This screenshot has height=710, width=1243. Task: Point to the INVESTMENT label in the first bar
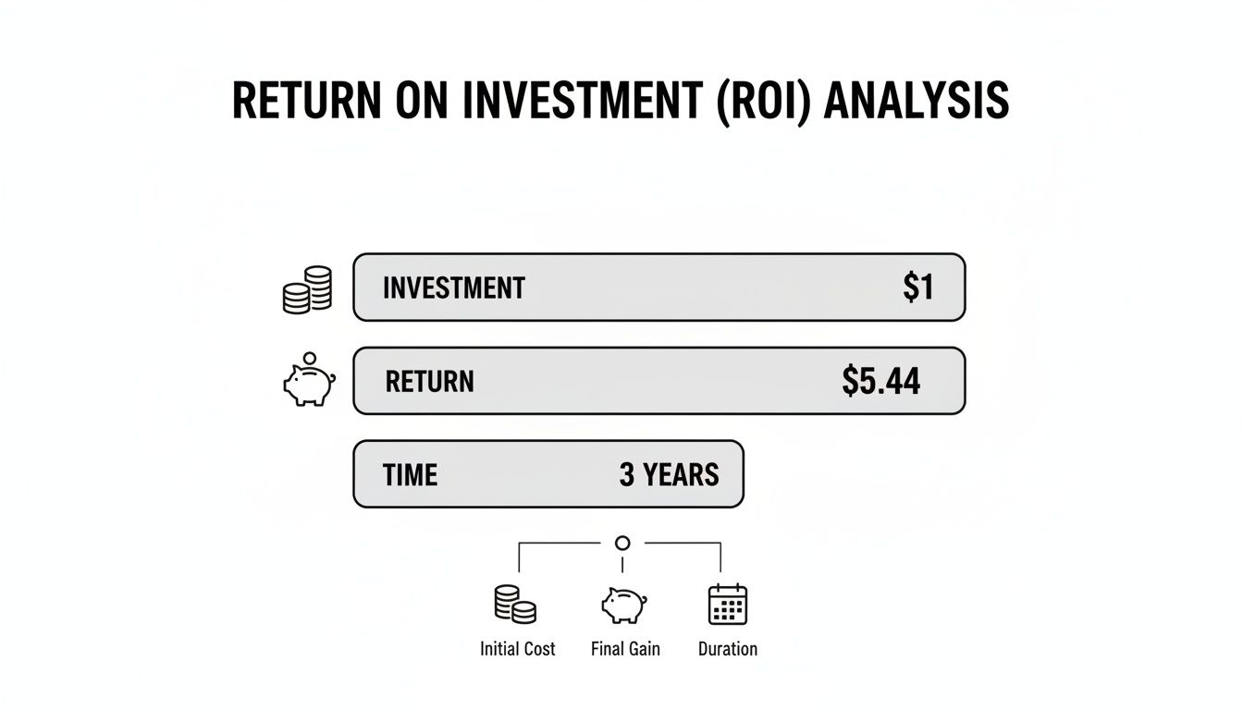pyautogui.click(x=453, y=288)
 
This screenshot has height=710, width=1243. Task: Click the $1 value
pyautogui.click(x=917, y=288)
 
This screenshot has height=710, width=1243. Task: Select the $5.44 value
pyautogui.click(x=880, y=381)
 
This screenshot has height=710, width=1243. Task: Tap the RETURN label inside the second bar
pyautogui.click(x=429, y=382)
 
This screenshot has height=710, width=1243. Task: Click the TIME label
pyautogui.click(x=410, y=475)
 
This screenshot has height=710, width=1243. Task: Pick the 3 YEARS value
pyautogui.click(x=669, y=475)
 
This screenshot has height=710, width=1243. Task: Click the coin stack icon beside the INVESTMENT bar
pyautogui.click(x=307, y=289)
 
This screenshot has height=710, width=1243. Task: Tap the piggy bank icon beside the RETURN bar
pyautogui.click(x=309, y=386)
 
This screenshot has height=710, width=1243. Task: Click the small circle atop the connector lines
pyautogui.click(x=622, y=543)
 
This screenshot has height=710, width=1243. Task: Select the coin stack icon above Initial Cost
pyautogui.click(x=515, y=605)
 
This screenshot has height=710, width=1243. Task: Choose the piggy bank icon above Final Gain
pyautogui.click(x=623, y=606)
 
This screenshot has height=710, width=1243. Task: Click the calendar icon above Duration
pyautogui.click(x=727, y=605)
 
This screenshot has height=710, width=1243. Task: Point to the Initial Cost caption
pyautogui.click(x=517, y=649)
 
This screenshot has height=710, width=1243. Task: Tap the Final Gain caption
pyautogui.click(x=625, y=649)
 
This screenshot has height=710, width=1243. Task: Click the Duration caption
pyautogui.click(x=728, y=649)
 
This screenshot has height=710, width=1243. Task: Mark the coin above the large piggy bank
pyautogui.click(x=310, y=357)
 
